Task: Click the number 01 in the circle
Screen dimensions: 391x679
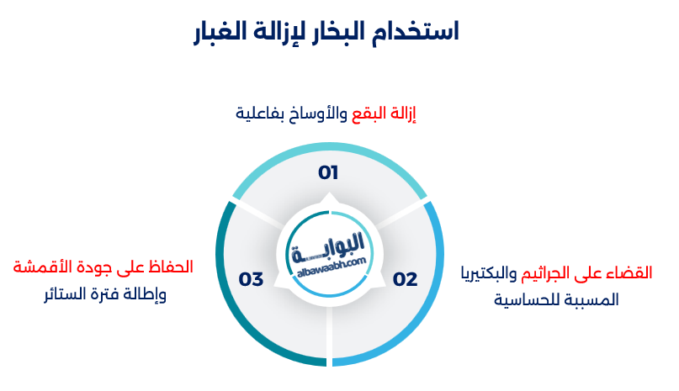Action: tap(328, 173)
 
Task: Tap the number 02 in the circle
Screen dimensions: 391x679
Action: tap(405, 279)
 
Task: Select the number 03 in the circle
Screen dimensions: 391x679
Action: tap(252, 279)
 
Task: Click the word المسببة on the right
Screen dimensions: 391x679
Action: tap(590, 299)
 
